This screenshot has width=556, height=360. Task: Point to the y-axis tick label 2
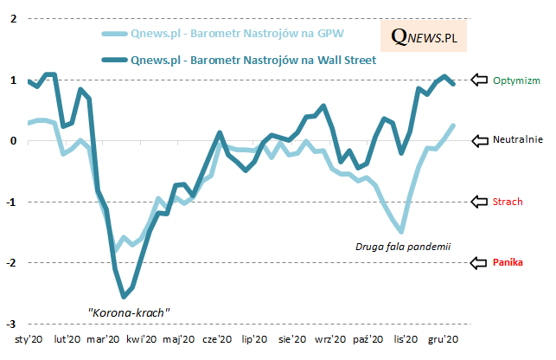pos(11,19)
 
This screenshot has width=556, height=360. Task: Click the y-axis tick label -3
pos(10,323)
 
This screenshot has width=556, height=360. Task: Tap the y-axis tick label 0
pos(11,140)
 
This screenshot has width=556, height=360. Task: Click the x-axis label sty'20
pos(29,340)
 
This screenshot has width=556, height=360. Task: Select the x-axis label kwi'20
pos(142,340)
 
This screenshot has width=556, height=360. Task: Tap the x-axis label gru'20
pos(444,340)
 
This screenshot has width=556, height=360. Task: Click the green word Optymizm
pos(516,80)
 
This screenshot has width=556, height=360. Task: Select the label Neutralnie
pos(518,140)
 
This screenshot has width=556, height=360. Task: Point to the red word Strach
pos(507,202)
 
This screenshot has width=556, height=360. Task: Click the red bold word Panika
pos(508,262)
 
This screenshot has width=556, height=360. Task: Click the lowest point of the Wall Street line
pos(125,296)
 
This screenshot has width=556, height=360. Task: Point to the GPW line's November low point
pos(401,231)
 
